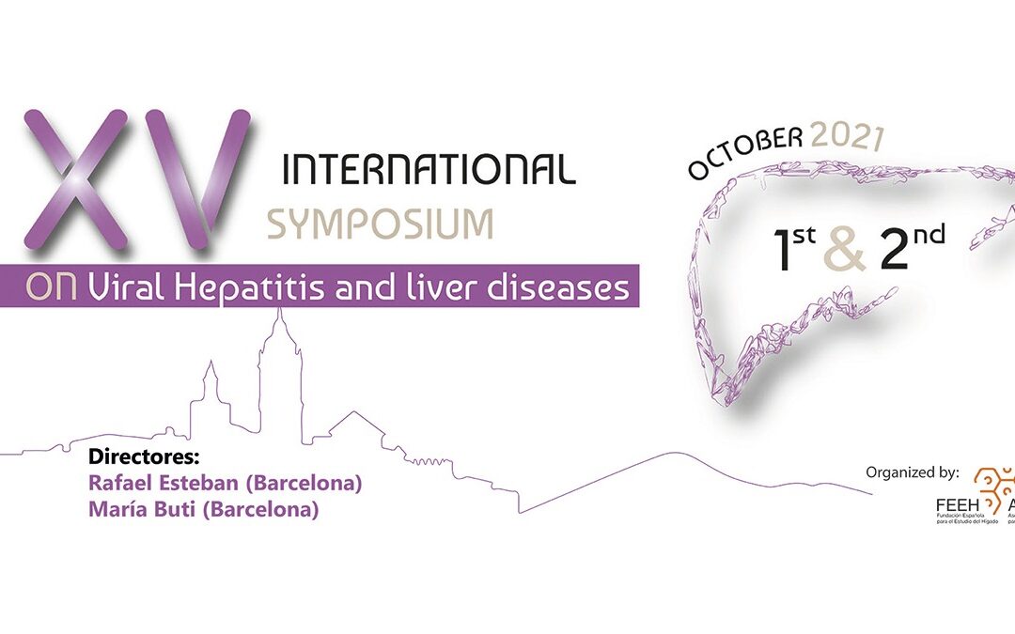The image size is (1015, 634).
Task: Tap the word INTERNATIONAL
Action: click(429, 169)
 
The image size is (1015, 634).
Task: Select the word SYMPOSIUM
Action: click(380, 224)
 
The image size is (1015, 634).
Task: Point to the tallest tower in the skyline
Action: click(279, 366)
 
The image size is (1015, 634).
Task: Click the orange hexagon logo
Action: click(993, 488)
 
